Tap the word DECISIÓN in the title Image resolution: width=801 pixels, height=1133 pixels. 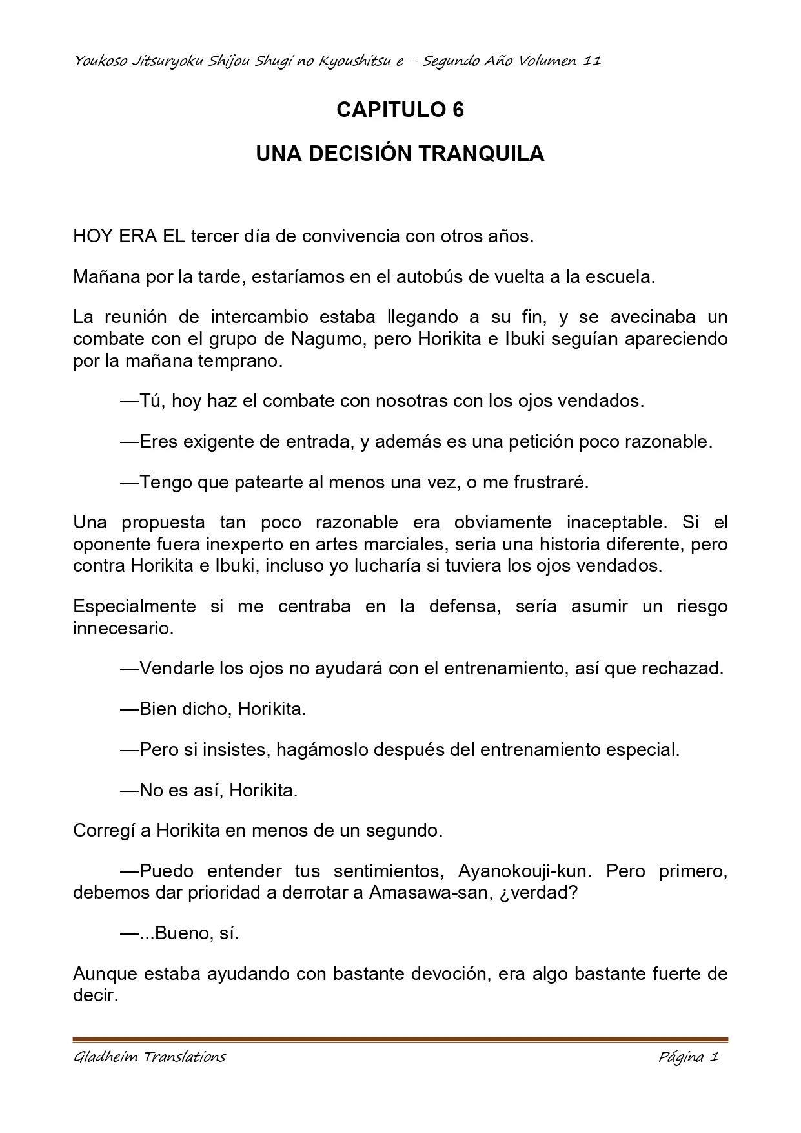[358, 154]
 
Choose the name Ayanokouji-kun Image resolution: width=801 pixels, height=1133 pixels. [523, 871]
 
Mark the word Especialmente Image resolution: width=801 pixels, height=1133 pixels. [134, 607]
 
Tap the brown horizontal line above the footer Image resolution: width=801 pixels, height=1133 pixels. [400, 1039]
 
